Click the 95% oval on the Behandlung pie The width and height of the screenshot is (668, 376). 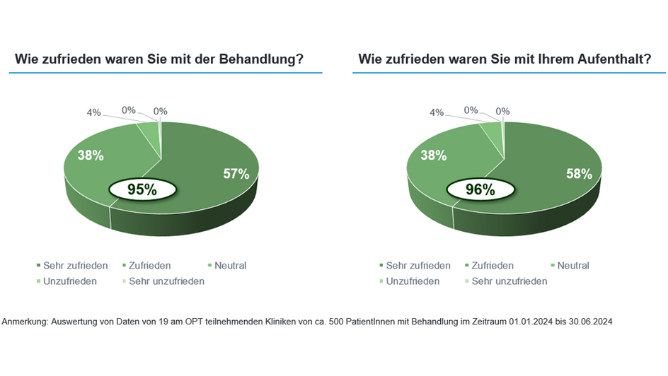[x=142, y=189]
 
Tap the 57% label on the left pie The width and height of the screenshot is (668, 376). [x=237, y=174]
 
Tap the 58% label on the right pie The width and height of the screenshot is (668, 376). [x=579, y=173]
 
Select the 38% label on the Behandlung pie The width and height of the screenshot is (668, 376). [x=91, y=155]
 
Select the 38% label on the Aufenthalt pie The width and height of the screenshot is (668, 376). [x=434, y=155]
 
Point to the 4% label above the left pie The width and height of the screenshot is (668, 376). [x=94, y=112]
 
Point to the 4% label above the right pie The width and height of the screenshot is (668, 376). [x=437, y=112]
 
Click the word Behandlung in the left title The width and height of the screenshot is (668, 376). [x=262, y=60]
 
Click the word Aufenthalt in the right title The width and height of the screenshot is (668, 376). [x=608, y=60]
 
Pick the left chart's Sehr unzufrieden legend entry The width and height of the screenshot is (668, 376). [x=166, y=281]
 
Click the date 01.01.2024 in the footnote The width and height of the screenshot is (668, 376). [x=530, y=322]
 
